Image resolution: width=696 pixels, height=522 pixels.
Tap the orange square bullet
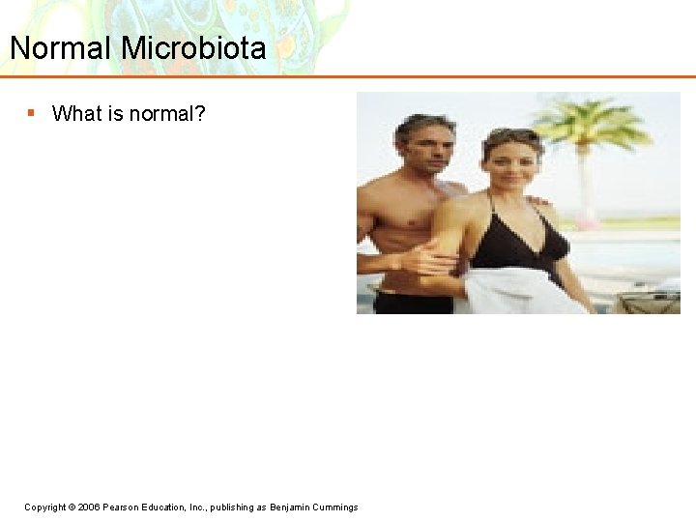click(31, 113)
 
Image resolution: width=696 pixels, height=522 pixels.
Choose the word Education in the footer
click(172, 507)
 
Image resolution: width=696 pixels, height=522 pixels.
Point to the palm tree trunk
click(586, 188)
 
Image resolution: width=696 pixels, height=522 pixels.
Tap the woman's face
click(511, 164)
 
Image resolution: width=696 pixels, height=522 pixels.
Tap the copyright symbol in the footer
click(72, 507)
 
